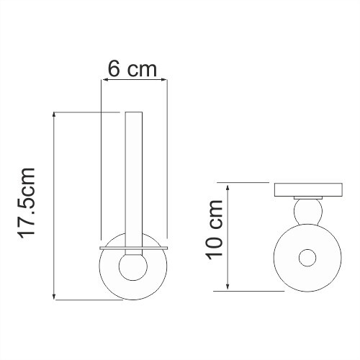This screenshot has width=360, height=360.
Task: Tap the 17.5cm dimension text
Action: tap(27, 204)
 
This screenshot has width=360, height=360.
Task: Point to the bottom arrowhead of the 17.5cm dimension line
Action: tap(55, 297)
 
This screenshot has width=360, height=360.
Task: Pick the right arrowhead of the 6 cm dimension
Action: tap(165, 81)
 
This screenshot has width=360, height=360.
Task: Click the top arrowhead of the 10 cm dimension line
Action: tap(228, 185)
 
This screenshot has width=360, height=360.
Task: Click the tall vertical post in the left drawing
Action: tap(134, 180)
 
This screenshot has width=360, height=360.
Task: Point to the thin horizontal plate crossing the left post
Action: tap(133, 246)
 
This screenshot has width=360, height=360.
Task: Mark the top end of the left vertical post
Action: tap(134, 113)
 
